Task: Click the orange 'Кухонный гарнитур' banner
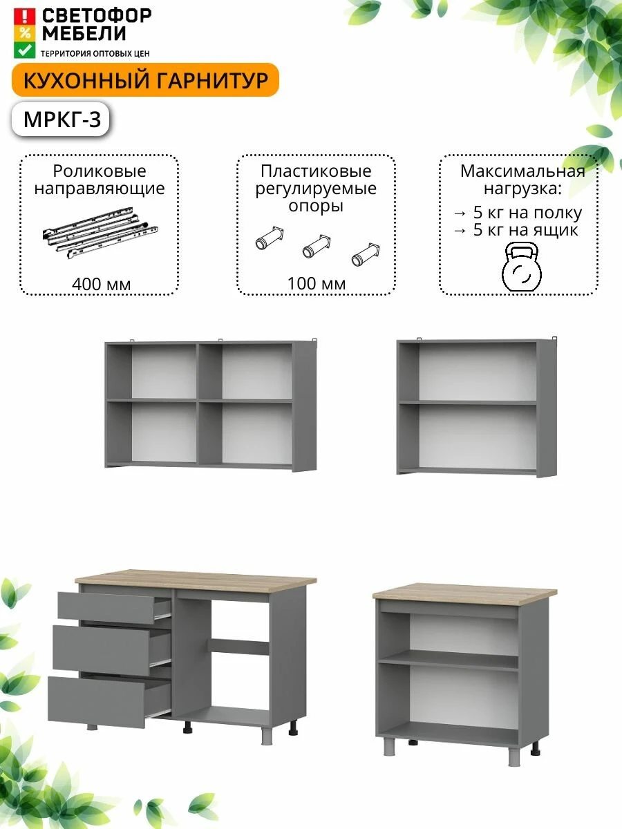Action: click(145, 80)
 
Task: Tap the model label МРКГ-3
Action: click(62, 120)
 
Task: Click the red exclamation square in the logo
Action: click(25, 17)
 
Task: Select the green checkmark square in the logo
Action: click(25, 50)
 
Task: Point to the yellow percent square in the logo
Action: click(25, 33)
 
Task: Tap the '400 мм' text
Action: click(101, 285)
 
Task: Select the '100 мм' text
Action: click(317, 284)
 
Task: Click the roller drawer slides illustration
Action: click(100, 232)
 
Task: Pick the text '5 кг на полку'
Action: click(527, 213)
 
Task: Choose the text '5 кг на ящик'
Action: click(525, 230)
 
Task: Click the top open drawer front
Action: click(106, 608)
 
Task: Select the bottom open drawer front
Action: click(97, 701)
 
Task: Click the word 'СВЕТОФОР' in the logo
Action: click(97, 15)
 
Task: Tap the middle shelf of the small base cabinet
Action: click(449, 660)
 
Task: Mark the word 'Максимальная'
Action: click(522, 171)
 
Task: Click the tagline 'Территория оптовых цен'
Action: click(95, 54)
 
